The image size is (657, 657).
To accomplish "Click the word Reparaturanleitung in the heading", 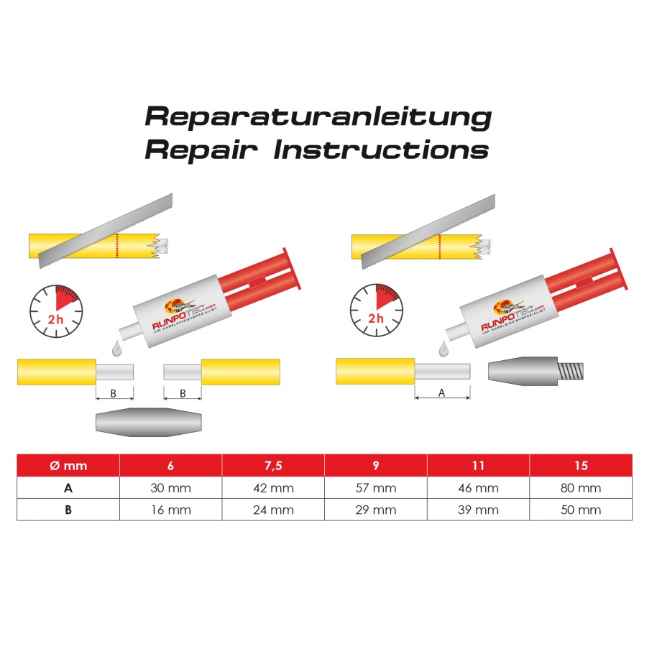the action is point(318,117).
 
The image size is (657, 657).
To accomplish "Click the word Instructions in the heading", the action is point(381,150).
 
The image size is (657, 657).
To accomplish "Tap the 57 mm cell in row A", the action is point(376,488).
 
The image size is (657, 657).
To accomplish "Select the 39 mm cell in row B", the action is point(478,510).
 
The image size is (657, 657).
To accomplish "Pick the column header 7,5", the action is point(273,466).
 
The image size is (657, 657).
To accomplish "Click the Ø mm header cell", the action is point(68,466).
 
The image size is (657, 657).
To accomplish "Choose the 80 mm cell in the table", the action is point(581,488).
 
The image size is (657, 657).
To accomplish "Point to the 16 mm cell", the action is point(170,510).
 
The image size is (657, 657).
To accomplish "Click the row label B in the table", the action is point(68,510).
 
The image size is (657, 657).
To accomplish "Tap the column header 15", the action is point(581,466).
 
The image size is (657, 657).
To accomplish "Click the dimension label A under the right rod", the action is point(441,392).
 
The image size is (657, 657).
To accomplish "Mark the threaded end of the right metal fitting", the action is point(571,371).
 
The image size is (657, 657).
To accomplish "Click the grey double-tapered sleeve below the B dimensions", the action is point(149,423).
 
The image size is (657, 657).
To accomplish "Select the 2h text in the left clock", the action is point(55,320).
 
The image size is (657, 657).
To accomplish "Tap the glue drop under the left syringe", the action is point(116,349).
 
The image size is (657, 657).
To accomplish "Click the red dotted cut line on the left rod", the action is point(117,246).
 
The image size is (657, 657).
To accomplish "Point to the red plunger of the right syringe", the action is point(587,273).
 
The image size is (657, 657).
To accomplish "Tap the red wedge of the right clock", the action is point(386,296).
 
